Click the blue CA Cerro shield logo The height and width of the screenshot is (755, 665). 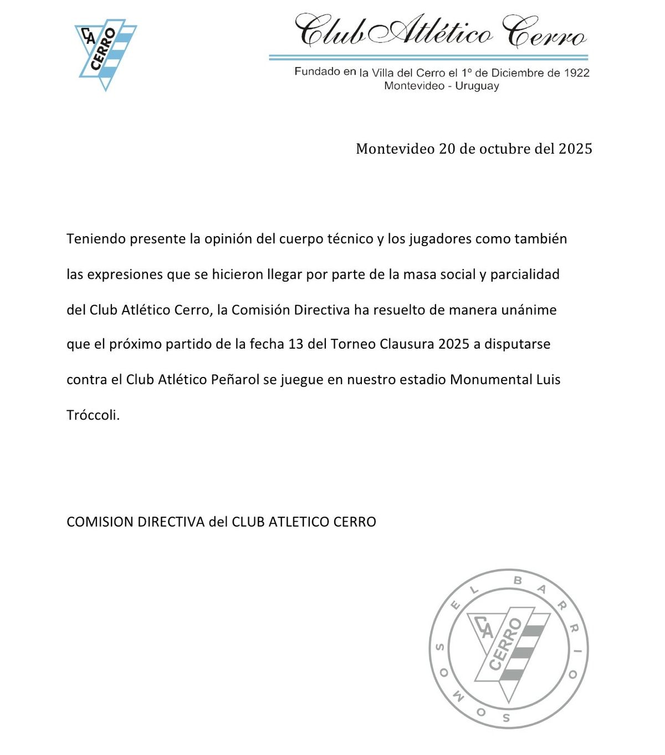tap(105, 53)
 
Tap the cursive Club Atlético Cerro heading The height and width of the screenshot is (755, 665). tap(440, 32)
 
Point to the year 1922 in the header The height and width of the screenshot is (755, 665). tap(576, 73)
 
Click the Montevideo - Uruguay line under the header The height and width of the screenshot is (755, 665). tap(442, 86)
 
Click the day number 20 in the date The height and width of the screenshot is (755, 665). tap(447, 149)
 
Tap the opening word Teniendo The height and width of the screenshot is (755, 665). tap(96, 239)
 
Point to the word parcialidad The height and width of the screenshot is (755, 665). tap(525, 274)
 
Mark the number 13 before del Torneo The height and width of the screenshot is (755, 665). tap(296, 344)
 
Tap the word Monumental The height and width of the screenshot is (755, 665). tap(491, 380)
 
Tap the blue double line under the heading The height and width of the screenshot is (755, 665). tap(428, 57)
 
